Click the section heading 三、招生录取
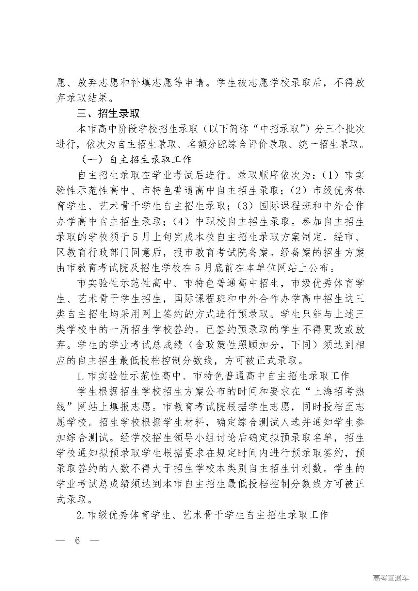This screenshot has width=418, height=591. point(108,113)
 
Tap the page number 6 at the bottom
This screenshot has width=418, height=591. point(77,540)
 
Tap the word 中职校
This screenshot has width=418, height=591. point(215,221)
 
